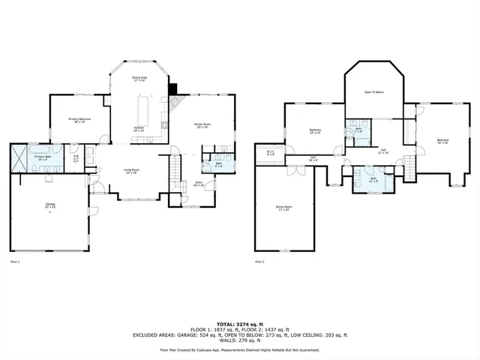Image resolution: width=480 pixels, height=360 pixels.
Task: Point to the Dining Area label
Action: (140, 79)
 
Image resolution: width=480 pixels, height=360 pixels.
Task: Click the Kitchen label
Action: (139, 130)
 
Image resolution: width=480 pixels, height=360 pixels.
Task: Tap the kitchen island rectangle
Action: (142, 113)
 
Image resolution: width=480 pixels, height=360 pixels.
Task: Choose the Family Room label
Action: (202, 126)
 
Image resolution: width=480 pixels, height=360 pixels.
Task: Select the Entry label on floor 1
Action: (199, 183)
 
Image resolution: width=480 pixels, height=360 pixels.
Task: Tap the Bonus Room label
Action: (283, 207)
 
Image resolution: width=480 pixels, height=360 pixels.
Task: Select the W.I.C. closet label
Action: (271, 153)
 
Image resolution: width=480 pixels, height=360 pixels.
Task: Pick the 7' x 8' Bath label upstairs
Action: (358, 129)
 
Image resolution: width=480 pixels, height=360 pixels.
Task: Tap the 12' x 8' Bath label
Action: (373, 180)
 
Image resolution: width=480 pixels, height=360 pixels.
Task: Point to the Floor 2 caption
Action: (259, 262)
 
